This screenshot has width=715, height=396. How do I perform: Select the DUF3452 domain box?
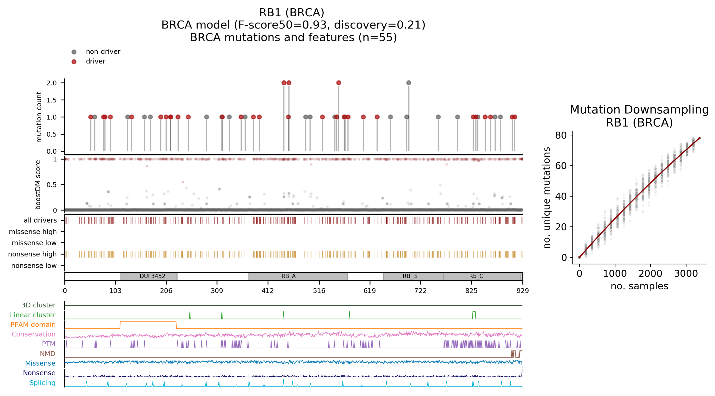tap(149, 276)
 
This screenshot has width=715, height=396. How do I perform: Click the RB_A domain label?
tap(288, 276)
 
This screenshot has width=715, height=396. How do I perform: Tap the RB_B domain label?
tap(410, 276)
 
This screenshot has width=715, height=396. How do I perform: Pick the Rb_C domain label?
tap(476, 276)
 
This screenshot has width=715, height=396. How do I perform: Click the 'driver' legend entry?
tap(95, 61)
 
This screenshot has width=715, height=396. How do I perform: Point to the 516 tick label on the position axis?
tap(319, 291)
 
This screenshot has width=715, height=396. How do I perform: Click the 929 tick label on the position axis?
tap(522, 291)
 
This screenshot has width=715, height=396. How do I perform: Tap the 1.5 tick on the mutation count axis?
tap(52, 100)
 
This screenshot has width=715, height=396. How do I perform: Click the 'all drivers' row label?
tap(40, 220)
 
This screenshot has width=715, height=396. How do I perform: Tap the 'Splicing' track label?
tap(42, 383)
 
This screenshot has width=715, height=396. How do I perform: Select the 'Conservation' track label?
tap(34, 334)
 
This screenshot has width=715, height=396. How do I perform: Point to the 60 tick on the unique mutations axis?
tap(561, 166)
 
